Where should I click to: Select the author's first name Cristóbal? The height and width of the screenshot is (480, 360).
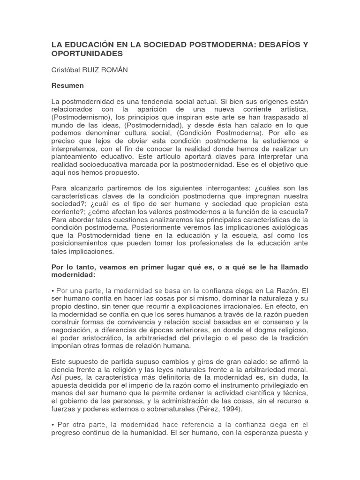coord(67,70)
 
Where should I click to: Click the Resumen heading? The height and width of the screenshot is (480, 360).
coord(67,86)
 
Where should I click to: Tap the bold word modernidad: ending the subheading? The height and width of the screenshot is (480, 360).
coord(74,275)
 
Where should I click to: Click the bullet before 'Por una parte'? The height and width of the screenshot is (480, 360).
coord(53,291)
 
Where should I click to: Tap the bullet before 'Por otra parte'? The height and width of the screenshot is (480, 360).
coord(53,425)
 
